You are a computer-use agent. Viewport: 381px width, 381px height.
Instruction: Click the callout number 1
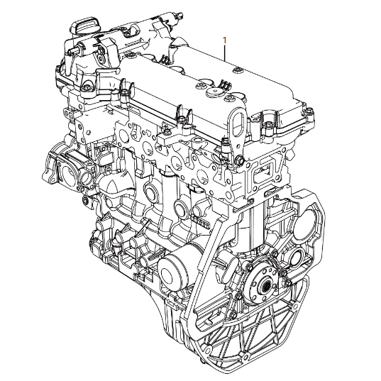(x=225, y=40)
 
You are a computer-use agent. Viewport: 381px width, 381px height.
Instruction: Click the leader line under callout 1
(x=225, y=53)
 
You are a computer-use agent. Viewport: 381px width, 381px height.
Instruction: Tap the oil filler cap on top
(x=84, y=25)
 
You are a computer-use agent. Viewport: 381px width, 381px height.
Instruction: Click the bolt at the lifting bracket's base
(x=238, y=160)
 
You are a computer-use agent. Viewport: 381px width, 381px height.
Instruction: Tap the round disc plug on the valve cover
(x=214, y=92)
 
